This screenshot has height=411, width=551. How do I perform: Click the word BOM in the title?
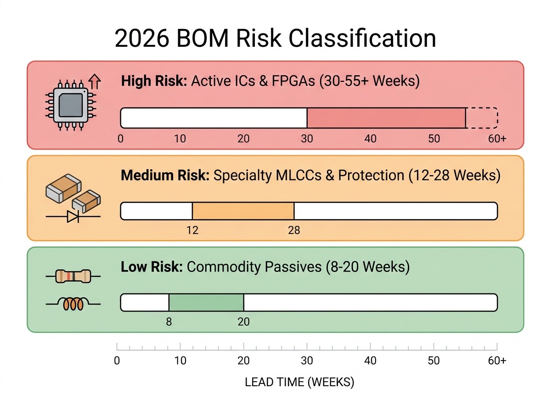click(202, 39)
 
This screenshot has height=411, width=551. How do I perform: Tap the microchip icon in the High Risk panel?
click(71, 105)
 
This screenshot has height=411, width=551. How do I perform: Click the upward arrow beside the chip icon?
click(95, 81)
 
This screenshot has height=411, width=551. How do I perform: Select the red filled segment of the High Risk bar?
click(386, 118)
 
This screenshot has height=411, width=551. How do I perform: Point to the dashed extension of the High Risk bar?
click(482, 118)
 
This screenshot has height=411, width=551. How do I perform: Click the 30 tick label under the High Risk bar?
click(307, 139)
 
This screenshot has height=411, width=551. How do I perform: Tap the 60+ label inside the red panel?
click(497, 139)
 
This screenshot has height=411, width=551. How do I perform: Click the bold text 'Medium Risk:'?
click(165, 175)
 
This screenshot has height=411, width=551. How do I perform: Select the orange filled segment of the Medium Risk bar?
click(243, 211)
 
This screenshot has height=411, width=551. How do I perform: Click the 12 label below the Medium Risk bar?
click(192, 230)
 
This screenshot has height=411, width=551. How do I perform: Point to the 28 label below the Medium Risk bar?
click(294, 230)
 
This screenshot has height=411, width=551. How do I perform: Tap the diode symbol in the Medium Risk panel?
click(73, 217)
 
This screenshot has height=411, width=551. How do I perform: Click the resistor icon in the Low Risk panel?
click(73, 276)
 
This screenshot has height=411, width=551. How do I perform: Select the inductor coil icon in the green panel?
click(73, 304)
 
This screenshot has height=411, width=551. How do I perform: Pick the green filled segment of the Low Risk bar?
click(206, 302)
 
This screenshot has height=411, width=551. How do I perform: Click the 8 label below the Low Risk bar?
click(169, 322)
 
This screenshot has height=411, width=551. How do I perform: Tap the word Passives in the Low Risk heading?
click(293, 267)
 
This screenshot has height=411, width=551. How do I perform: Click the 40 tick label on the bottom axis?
click(370, 361)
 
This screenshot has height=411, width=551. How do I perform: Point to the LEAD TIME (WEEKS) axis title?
click(299, 383)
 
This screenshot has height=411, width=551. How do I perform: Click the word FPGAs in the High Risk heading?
click(293, 81)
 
